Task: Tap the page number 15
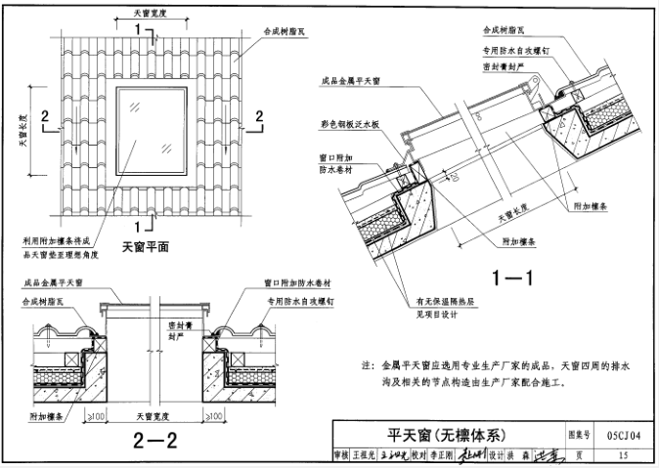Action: click(x=622, y=453)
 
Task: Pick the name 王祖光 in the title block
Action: click(x=365, y=454)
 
